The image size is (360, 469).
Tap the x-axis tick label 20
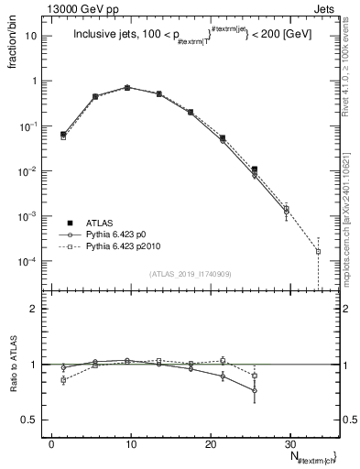click(x=211, y=444)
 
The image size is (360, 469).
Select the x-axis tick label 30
click(x=290, y=444)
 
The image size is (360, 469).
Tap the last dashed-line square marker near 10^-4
click(x=318, y=251)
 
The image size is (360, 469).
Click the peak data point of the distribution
click(x=127, y=87)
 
